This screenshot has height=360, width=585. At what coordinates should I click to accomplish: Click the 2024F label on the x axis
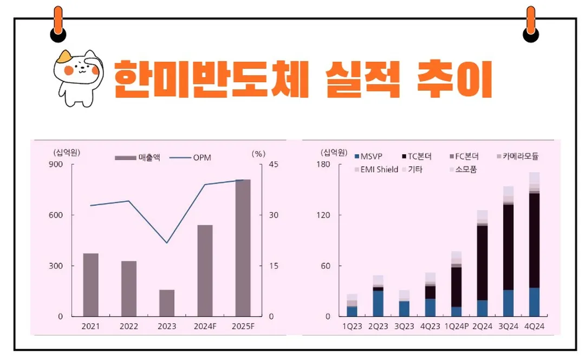tap(205, 326)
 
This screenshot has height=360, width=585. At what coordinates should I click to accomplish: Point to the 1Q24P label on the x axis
tap(456, 326)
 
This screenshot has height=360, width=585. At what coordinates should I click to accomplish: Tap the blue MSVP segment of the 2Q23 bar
tap(378, 303)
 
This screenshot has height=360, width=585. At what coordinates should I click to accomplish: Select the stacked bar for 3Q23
tap(404, 303)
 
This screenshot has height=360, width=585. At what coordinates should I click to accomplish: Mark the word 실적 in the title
tap(358, 80)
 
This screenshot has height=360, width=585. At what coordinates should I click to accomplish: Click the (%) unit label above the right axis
tap(259, 153)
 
